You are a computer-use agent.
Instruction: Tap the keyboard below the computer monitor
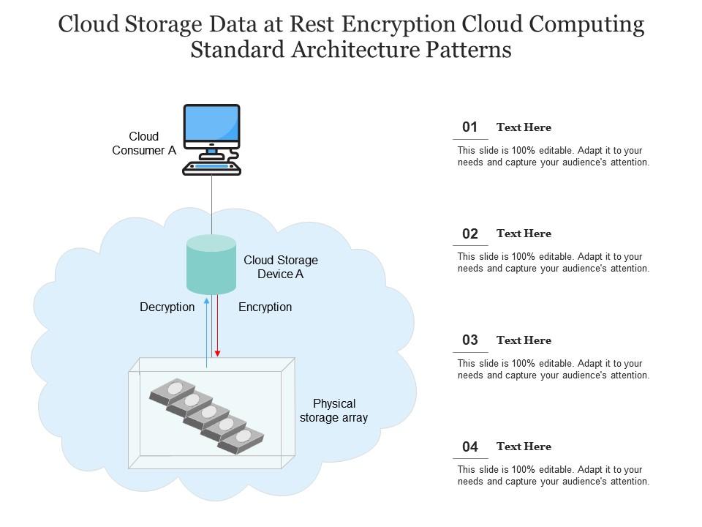(x=211, y=168)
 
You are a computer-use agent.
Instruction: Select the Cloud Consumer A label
(x=144, y=143)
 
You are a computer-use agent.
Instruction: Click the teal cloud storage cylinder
(x=211, y=265)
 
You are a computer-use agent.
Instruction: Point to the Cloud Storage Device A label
(x=281, y=267)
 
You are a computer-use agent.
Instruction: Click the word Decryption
(x=167, y=307)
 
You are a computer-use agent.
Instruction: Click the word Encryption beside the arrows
(x=265, y=307)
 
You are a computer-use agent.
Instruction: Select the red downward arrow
(x=217, y=326)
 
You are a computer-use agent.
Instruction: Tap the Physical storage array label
(x=333, y=411)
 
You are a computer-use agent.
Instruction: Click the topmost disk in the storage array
(x=174, y=389)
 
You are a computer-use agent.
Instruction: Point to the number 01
(x=469, y=127)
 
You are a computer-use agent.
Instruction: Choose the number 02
(x=469, y=234)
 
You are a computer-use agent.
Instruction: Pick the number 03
(x=469, y=340)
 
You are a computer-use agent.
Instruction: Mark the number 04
(x=469, y=446)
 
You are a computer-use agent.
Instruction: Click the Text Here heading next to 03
(x=524, y=340)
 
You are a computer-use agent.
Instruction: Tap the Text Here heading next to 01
(x=524, y=127)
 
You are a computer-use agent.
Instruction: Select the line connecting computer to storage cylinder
(x=211, y=205)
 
